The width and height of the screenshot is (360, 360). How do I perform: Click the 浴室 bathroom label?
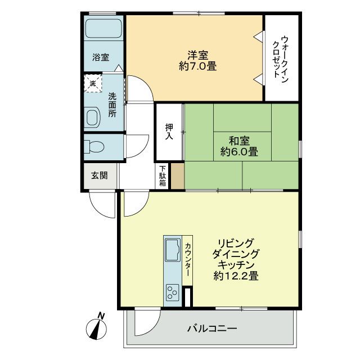101,57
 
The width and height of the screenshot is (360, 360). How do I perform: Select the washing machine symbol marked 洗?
93,84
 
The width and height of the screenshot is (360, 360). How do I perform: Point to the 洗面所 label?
112,105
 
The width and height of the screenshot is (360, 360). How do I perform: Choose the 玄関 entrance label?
100,175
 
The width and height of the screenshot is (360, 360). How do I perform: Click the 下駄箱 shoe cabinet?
162,176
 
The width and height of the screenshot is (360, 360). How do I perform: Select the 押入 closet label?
168,132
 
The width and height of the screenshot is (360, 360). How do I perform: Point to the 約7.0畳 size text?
198,66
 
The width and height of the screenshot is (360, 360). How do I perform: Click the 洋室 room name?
198,55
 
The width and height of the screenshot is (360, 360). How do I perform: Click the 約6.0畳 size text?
239,151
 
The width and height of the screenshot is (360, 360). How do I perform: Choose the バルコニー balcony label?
212,328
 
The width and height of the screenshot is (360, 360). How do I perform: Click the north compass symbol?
95,325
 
